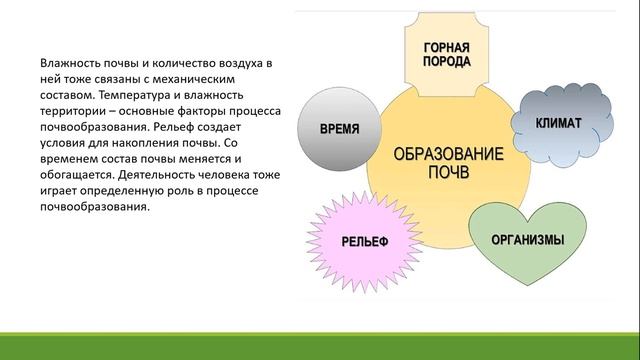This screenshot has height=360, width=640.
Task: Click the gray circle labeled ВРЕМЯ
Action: pos(339,131)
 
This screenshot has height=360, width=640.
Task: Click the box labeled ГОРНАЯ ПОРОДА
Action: pos(447,55)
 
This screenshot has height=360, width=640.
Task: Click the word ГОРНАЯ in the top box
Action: pos(447,47)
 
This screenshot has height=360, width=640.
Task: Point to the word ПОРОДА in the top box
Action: pos(447,63)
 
